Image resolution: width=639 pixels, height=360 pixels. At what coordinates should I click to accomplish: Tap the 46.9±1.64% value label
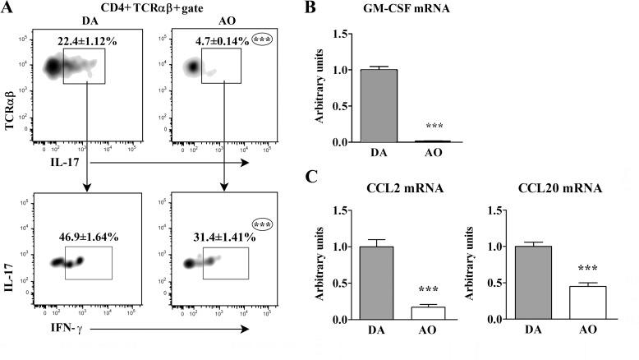coord(89,237)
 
